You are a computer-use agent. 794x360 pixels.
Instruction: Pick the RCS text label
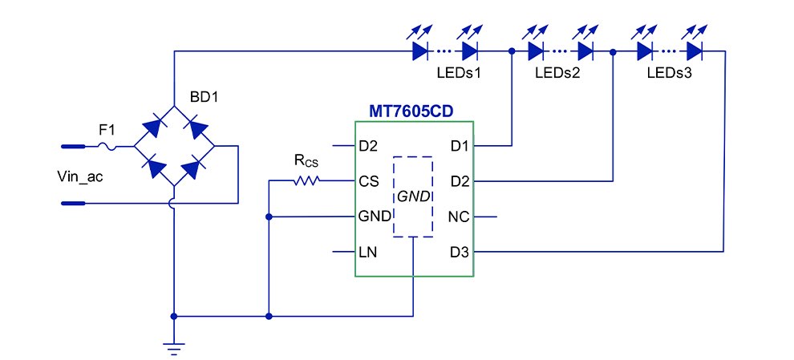click(x=306, y=161)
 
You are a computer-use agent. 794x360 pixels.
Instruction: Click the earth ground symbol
click(x=173, y=346)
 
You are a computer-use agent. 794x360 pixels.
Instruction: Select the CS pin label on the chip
click(x=370, y=182)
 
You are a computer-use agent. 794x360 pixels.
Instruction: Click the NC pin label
click(x=460, y=217)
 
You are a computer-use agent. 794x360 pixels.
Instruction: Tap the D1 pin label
click(x=460, y=146)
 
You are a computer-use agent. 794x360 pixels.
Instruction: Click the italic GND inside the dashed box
click(x=413, y=196)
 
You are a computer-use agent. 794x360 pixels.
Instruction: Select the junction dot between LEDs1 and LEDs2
click(x=512, y=51)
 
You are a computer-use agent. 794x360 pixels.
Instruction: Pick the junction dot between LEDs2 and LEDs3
click(x=613, y=51)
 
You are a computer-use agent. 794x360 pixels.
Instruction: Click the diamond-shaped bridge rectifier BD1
click(x=174, y=146)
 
